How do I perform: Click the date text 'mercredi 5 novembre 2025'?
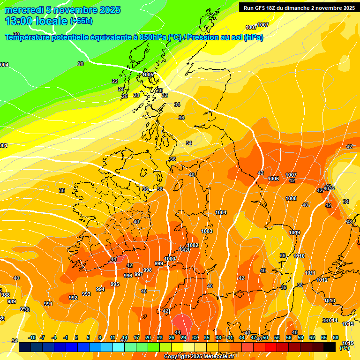[x=62, y=10]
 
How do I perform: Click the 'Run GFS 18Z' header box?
[x=299, y=7]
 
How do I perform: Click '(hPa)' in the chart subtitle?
[x=253, y=37]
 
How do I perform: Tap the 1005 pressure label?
[x=148, y=75]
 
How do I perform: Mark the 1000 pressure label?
[x=170, y=259]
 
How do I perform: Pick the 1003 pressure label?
[x=207, y=232]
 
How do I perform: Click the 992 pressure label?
[x=73, y=298]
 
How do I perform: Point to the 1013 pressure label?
[x=330, y=301]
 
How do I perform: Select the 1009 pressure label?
[x=294, y=233]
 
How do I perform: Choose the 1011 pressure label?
[x=310, y=273]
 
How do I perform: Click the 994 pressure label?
[x=100, y=290]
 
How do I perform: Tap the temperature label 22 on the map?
[x=115, y=81]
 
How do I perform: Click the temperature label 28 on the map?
[x=136, y=95]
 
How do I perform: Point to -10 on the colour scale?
[x=32, y=337]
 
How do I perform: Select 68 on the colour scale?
[x=336, y=337]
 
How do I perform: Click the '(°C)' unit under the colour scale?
[x=345, y=348]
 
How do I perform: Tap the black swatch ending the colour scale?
[x=330, y=347]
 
